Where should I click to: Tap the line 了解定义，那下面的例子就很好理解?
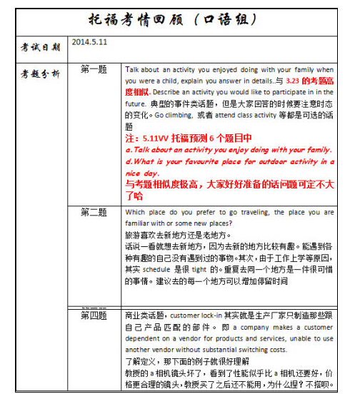(181, 361)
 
